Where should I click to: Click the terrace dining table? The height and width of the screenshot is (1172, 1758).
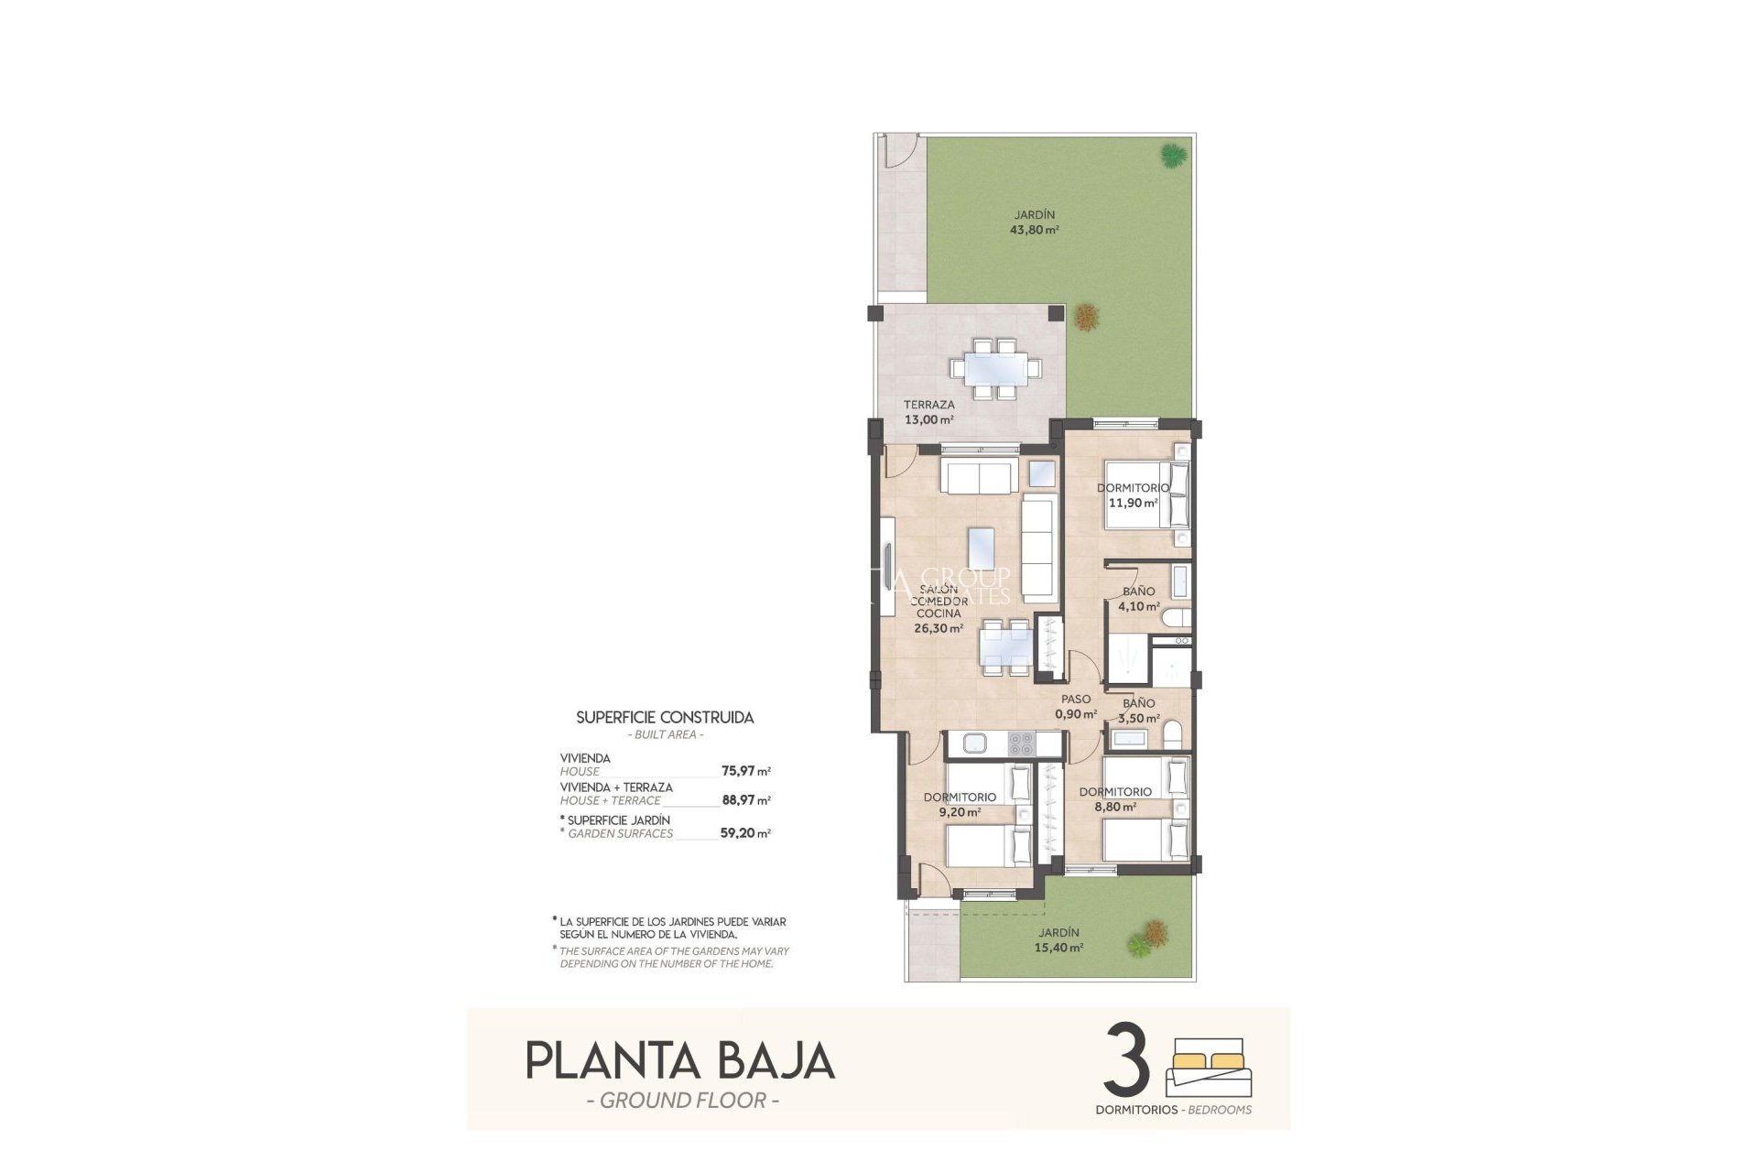995,369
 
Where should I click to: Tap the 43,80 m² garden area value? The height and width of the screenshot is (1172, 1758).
1034,231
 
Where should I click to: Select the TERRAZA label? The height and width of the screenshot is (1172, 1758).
928,405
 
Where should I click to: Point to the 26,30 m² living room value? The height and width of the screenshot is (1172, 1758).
939,629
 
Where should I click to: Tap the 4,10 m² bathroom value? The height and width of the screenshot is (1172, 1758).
1139,606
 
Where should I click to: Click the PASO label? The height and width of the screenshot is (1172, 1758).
1076,700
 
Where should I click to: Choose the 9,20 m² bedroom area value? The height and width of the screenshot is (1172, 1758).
959,812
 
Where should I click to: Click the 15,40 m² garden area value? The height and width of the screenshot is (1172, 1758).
1059,949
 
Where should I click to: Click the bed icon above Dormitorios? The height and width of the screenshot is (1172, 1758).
1209,1067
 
